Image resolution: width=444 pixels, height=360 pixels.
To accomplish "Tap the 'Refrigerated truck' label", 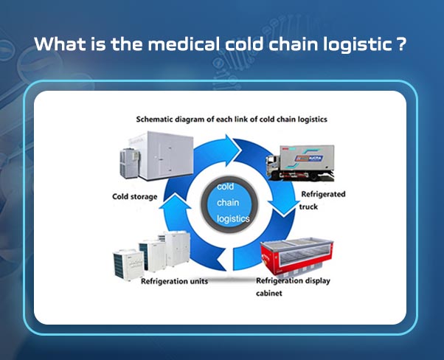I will tap(323, 200).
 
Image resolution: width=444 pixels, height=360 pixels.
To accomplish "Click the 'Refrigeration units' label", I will tap(168, 282).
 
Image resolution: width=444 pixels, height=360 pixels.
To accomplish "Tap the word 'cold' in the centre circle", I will tap(225, 187).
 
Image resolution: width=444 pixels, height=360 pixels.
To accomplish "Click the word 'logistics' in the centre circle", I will tap(234, 219).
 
